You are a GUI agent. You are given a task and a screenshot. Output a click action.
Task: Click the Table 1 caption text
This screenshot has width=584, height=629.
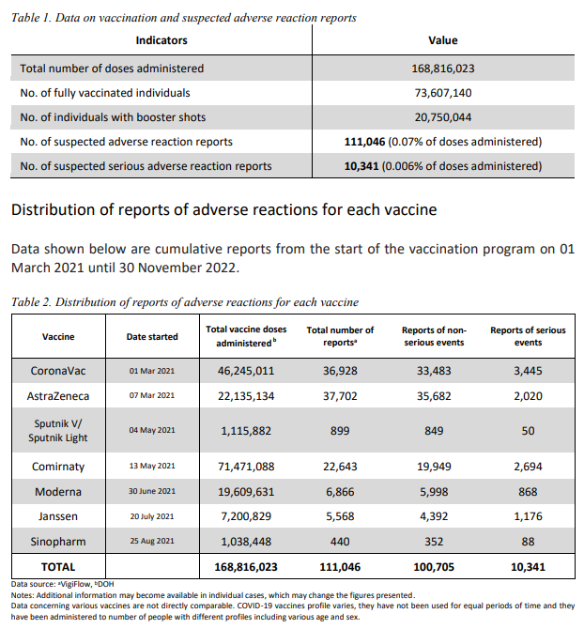click(183, 18)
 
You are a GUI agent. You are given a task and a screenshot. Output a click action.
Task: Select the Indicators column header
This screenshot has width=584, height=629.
click(161, 40)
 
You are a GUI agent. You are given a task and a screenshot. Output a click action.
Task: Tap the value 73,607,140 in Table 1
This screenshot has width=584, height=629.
click(443, 93)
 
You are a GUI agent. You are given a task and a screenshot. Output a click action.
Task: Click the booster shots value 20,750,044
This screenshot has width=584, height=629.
click(443, 117)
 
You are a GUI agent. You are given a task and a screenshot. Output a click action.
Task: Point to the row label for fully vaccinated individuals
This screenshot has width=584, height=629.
click(105, 93)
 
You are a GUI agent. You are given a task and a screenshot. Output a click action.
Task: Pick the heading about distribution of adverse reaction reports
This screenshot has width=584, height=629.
click(223, 209)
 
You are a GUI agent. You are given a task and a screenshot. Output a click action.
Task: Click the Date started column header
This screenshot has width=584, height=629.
click(152, 336)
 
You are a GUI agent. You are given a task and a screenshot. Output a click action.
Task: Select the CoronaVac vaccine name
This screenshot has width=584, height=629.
click(58, 371)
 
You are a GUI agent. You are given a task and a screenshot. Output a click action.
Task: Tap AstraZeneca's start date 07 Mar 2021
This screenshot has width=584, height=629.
click(152, 397)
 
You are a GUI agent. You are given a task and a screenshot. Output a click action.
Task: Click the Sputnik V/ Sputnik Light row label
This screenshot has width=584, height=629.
click(58, 431)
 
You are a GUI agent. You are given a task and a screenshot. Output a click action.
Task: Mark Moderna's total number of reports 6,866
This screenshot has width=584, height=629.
click(340, 491)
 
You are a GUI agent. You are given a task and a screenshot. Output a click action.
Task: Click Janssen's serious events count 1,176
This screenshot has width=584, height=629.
click(529, 516)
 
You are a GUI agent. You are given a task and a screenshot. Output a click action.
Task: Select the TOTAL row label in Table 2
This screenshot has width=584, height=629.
click(58, 568)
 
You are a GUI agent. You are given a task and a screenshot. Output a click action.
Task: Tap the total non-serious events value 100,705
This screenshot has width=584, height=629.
click(434, 568)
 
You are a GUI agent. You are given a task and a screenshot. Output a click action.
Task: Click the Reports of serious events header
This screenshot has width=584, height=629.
click(529, 336)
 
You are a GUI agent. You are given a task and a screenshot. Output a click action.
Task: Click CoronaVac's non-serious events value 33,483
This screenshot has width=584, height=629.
click(434, 371)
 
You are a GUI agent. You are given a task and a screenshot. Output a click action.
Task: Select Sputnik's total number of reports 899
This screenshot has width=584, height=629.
click(340, 431)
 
